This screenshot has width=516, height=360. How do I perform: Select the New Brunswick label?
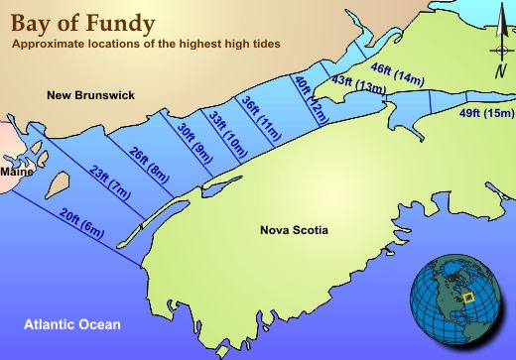coord(90,95)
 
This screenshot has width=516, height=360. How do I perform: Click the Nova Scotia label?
coord(294,231)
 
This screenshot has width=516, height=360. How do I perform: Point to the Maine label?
coord(16,172)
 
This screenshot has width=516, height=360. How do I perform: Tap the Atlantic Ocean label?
coord(72,324)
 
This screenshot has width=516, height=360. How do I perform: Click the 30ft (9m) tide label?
coord(193,141)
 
